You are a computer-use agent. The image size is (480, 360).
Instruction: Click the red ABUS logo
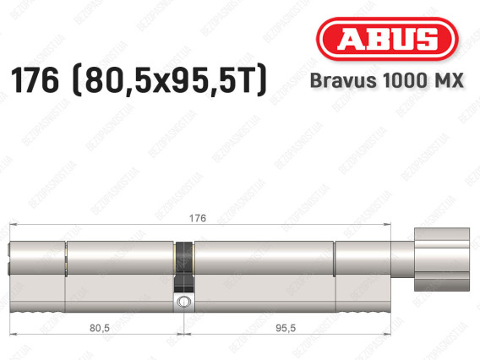tap(387, 39)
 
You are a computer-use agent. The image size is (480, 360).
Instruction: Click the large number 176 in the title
tap(35, 80)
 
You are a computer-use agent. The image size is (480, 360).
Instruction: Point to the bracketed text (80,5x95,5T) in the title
tap(170, 80)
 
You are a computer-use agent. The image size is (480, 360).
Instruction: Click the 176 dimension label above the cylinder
tap(198, 218)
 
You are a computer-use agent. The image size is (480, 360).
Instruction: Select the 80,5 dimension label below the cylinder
tap(100, 328)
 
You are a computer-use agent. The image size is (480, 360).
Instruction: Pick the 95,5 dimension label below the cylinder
tap(286, 328)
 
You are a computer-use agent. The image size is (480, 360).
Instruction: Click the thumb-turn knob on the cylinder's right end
tap(442, 259)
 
